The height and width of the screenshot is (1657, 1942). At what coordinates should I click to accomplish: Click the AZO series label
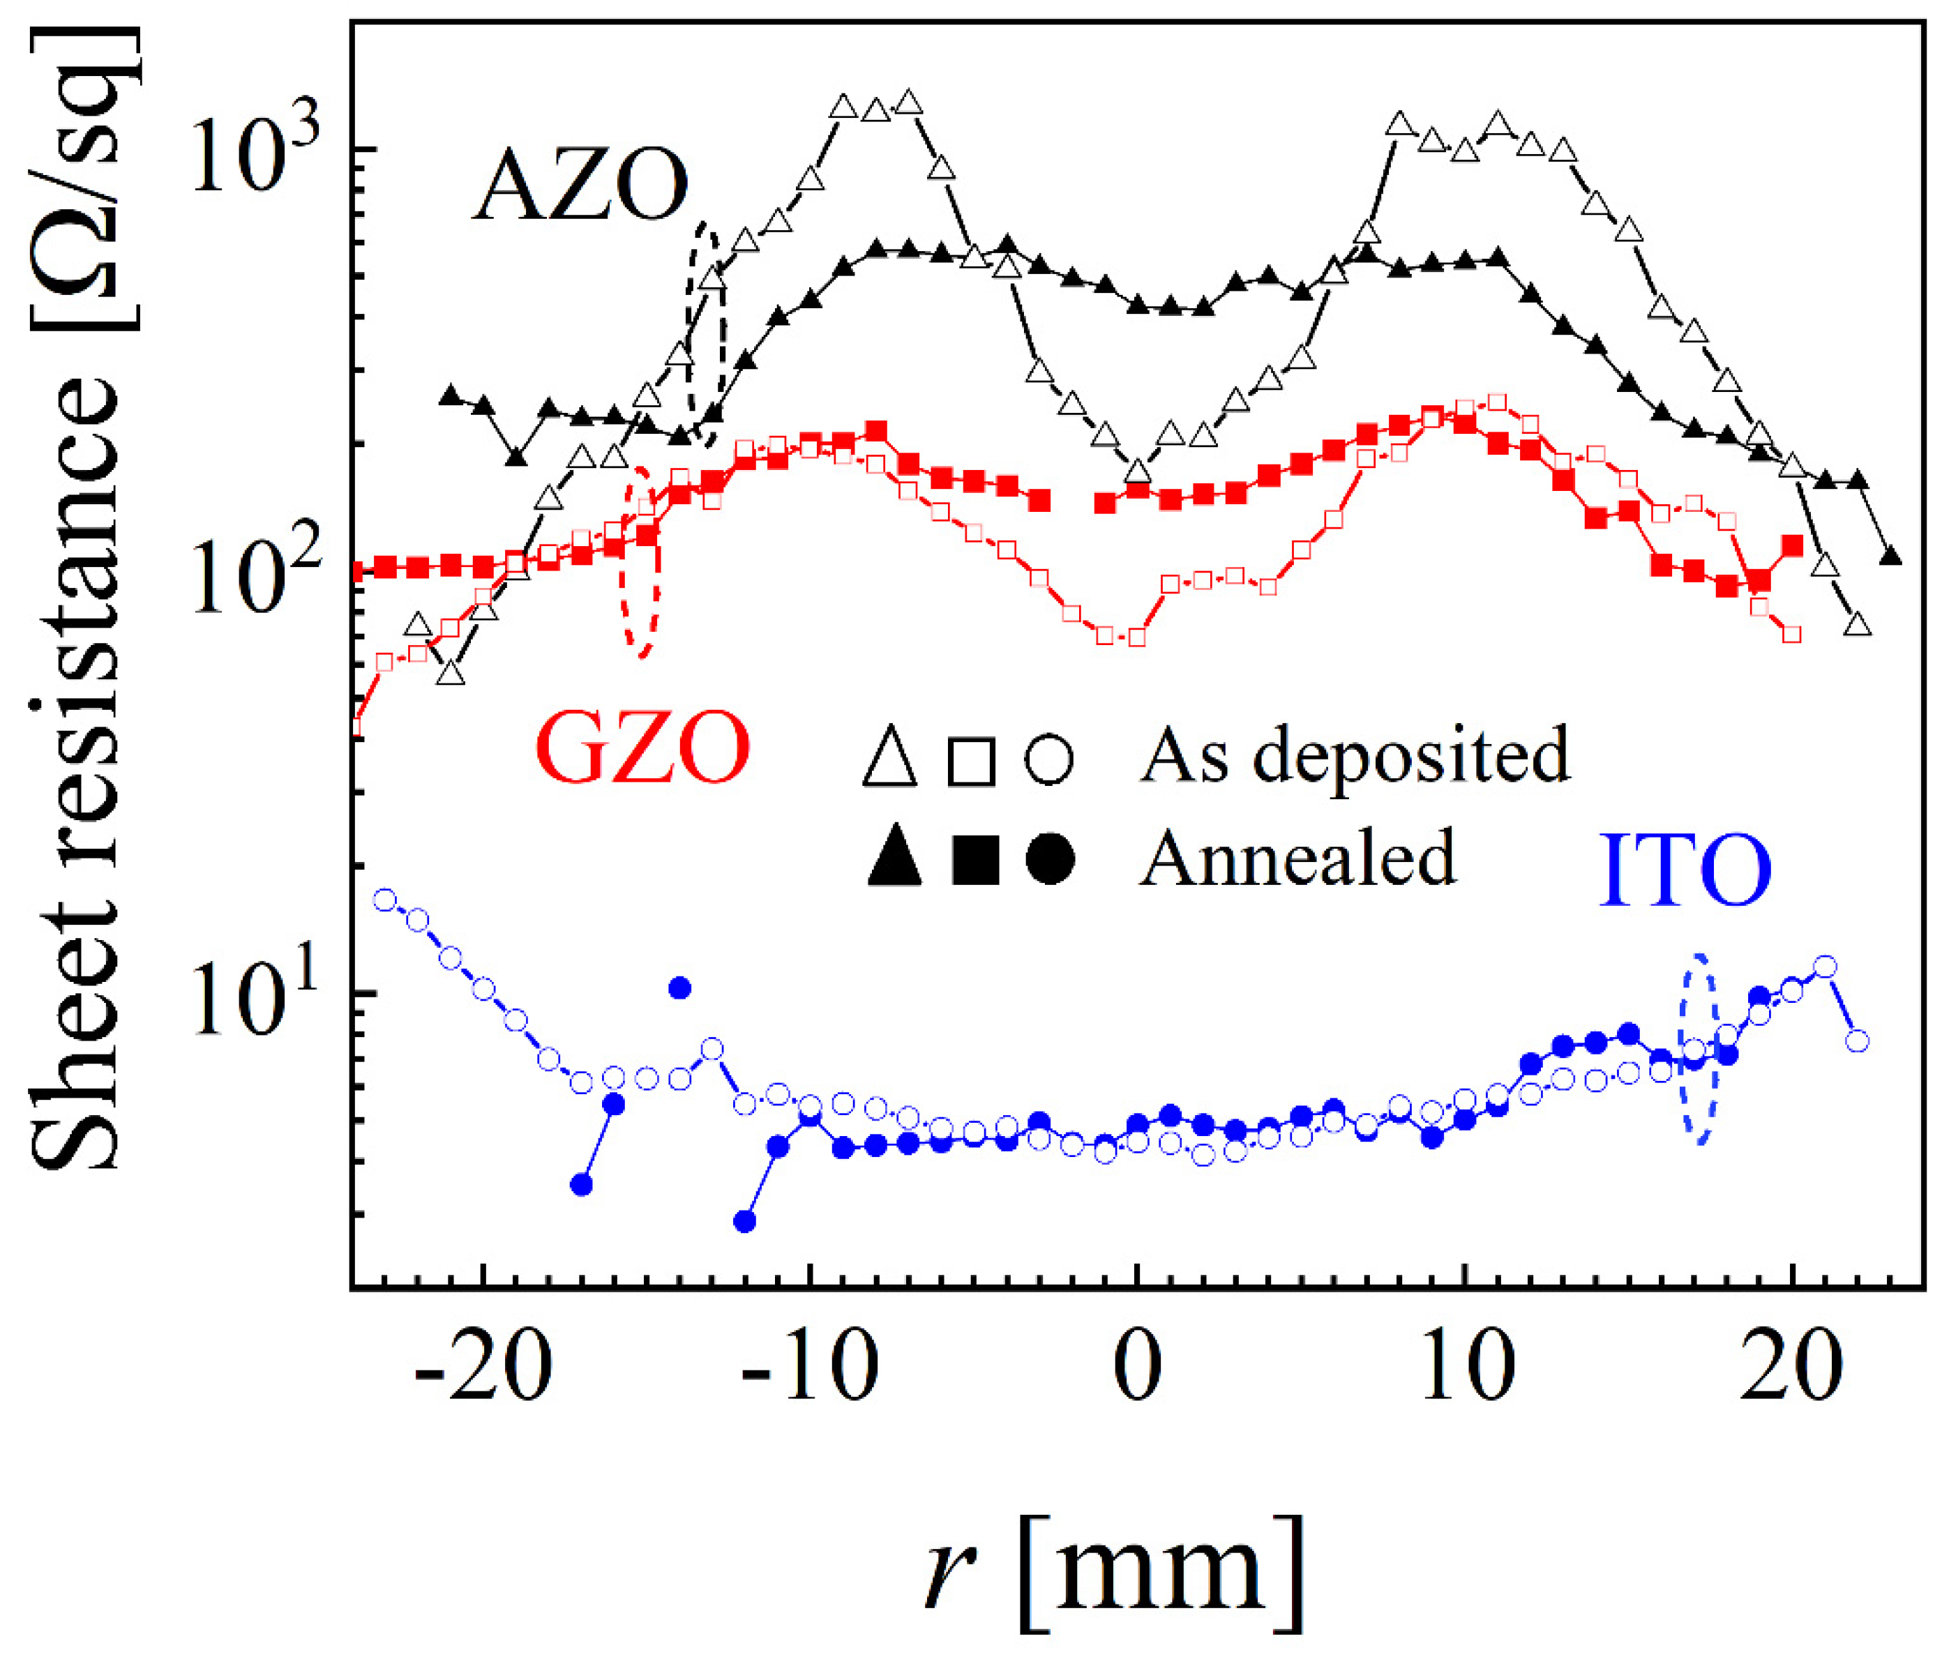pos(580,186)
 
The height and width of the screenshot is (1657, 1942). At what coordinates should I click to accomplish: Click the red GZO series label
pos(643,746)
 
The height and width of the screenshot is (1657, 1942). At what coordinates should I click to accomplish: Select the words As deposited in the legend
pos(1355,755)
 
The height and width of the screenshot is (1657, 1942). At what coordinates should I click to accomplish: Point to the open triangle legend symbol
pos(889,758)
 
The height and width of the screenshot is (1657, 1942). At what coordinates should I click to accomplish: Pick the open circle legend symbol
pos(1049,758)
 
